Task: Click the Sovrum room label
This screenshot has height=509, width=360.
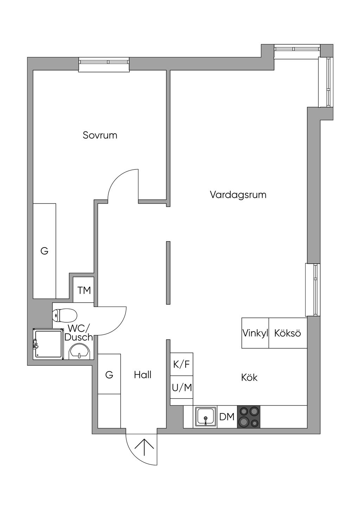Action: (100, 135)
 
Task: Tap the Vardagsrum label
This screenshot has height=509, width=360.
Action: (238, 195)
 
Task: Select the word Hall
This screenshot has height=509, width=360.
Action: (142, 375)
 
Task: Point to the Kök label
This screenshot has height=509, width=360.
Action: (249, 378)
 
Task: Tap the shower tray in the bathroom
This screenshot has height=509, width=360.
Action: (48, 344)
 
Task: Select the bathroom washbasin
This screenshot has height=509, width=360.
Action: (79, 352)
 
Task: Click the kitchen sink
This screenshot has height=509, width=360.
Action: (205, 417)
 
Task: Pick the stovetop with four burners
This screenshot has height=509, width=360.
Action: (249, 417)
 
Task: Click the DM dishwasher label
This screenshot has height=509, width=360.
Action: (227, 417)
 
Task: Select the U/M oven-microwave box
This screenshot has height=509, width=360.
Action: (182, 387)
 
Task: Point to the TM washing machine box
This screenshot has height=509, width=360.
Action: (83, 290)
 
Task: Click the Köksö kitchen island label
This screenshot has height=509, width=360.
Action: (288, 333)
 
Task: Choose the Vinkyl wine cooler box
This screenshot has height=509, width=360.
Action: (255, 333)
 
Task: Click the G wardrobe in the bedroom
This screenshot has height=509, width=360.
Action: (45, 251)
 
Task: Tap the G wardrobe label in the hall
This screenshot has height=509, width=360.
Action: (109, 375)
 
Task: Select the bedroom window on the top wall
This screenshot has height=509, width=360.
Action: (104, 65)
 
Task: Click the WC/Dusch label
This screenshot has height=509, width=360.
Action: (79, 333)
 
